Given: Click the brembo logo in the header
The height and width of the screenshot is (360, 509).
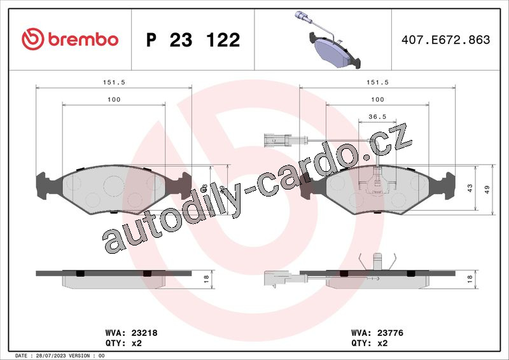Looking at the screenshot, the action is (x=70, y=39).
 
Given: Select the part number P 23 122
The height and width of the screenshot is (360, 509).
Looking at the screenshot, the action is (x=193, y=40).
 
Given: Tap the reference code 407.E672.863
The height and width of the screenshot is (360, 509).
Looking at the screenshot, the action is (x=446, y=39).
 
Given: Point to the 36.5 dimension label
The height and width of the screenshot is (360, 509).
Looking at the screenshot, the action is (x=377, y=116).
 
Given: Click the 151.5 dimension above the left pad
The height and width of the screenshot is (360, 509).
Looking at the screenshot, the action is (x=114, y=83).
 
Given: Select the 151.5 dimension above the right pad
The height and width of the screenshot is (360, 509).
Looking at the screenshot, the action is (x=377, y=83).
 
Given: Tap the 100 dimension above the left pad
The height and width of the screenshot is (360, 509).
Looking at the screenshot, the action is (x=114, y=100).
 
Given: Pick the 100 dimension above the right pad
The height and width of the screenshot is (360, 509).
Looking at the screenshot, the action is (x=377, y=100).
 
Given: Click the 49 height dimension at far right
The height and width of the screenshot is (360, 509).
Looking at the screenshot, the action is (x=487, y=190).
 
